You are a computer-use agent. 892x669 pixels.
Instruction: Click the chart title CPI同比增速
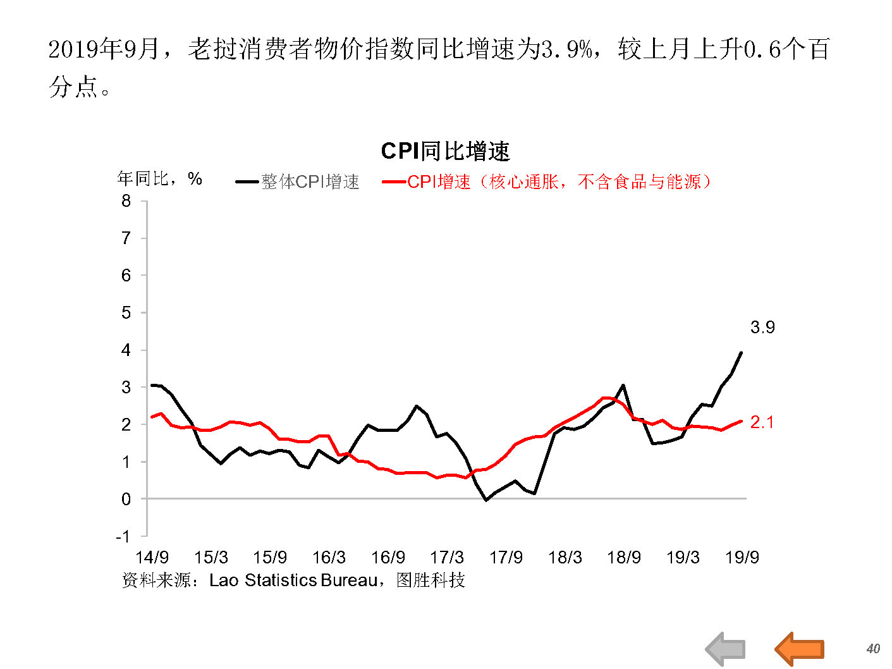coord(445,152)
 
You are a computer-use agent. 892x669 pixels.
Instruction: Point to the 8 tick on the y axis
coord(126,201)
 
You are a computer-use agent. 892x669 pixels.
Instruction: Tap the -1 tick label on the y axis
coord(123,537)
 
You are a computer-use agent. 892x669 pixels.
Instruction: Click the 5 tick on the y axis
coord(126,313)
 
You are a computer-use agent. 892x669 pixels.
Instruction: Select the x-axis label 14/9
coord(152,558)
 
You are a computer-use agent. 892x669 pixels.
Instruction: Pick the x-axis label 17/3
coord(447,558)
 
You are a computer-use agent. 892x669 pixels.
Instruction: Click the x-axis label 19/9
coord(742,558)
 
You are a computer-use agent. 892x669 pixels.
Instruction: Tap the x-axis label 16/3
coord(329,558)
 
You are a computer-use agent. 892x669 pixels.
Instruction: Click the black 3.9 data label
coord(762,328)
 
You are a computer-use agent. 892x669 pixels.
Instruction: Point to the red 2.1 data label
coord(762,422)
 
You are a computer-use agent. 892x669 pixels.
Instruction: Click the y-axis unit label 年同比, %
coord(159,179)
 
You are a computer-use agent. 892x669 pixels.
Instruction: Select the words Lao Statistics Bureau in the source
coord(293,580)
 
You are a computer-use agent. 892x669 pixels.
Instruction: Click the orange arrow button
coord(800,649)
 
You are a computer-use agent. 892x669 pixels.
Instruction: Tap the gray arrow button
coord(726,649)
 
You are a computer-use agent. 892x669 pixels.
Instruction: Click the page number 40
coord(873,649)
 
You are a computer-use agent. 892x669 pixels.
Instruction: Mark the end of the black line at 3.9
coord(741,353)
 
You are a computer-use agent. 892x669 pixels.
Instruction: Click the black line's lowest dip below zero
coord(486,500)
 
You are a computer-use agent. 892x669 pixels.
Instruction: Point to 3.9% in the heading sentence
coord(566,49)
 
